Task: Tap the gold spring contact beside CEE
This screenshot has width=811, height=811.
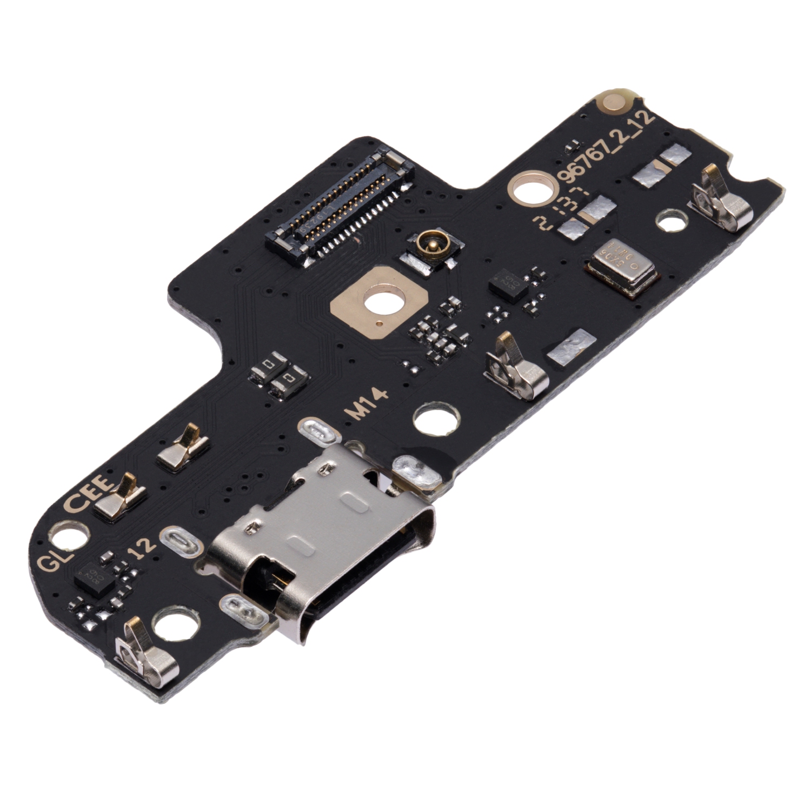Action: [x=122, y=497]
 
